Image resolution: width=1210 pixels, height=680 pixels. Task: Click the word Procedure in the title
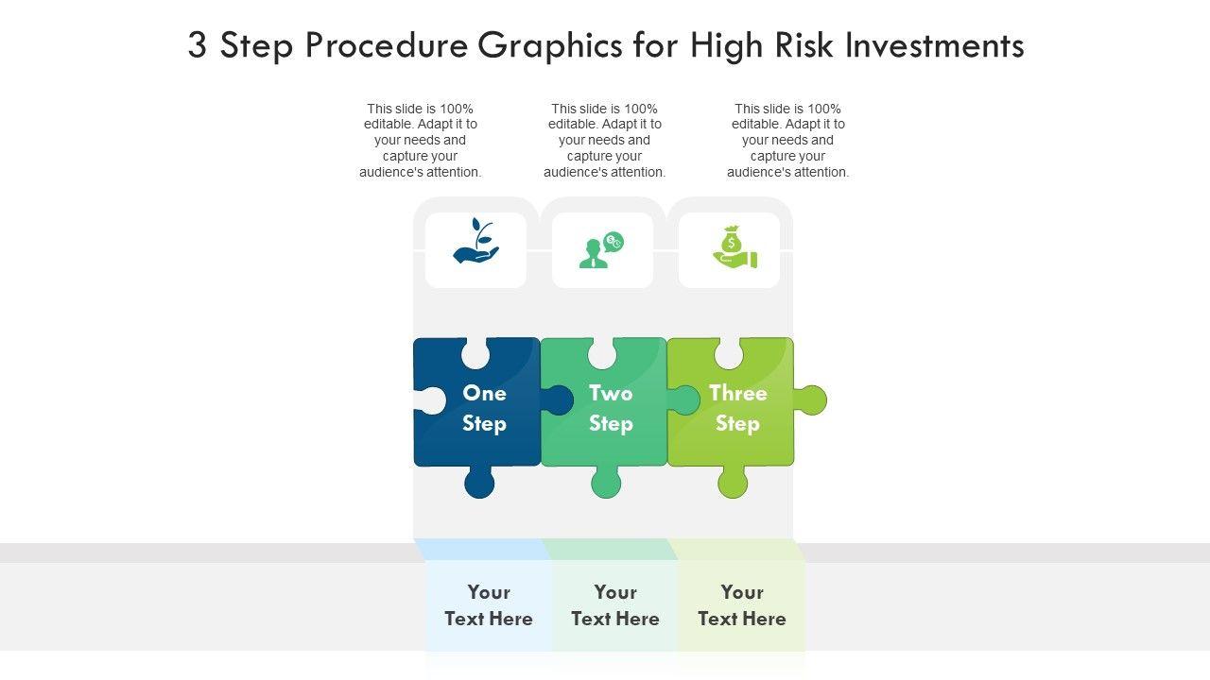[x=386, y=45]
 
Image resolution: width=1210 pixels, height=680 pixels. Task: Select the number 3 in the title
[x=197, y=45]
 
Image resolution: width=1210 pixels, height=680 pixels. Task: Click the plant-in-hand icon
[x=475, y=242]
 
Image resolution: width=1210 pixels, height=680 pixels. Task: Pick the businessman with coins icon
[x=601, y=249]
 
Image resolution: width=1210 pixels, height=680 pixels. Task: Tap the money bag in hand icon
[x=735, y=247]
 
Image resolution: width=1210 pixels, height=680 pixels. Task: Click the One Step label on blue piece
[x=484, y=408]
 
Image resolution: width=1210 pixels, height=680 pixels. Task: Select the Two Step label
[x=611, y=408]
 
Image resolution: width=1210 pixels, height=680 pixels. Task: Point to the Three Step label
[x=737, y=408]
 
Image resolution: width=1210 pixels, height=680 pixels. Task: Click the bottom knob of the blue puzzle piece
[x=479, y=484]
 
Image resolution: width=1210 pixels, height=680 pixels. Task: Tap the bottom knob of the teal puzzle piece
[x=606, y=484]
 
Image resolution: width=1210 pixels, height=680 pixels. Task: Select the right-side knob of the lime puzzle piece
[x=810, y=400]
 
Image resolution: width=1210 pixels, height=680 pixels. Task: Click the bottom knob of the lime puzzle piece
[x=733, y=484]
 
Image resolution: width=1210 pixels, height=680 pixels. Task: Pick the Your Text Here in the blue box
[x=489, y=605]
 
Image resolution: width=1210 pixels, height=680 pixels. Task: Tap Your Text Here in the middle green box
[x=615, y=605]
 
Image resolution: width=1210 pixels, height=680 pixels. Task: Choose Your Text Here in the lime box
[x=742, y=605]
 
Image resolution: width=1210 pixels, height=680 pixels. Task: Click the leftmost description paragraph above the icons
[x=421, y=140]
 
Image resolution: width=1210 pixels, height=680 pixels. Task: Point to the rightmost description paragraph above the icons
[x=788, y=140]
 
